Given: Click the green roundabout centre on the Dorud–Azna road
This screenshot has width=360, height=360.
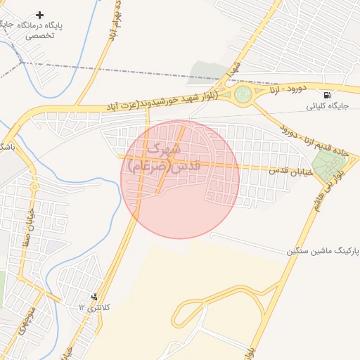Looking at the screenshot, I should coord(243,94).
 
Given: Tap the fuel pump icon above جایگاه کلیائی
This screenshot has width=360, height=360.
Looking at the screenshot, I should coord(326,95).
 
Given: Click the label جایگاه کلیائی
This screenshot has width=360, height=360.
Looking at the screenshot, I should coord(324,107).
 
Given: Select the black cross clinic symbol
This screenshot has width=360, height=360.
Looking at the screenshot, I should coord(39,15).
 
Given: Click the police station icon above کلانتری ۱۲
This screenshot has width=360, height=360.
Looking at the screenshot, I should coord(95,297).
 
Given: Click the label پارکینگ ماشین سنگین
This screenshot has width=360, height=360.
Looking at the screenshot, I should coord(323,251).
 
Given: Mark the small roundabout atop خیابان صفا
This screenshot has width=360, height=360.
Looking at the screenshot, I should coord(34,187).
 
